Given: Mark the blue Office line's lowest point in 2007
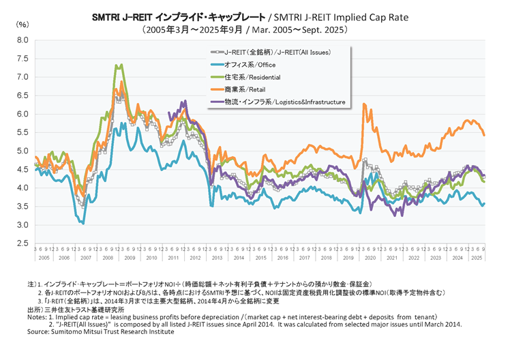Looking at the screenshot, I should (83, 223).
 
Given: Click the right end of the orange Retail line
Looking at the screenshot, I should (484, 135).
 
